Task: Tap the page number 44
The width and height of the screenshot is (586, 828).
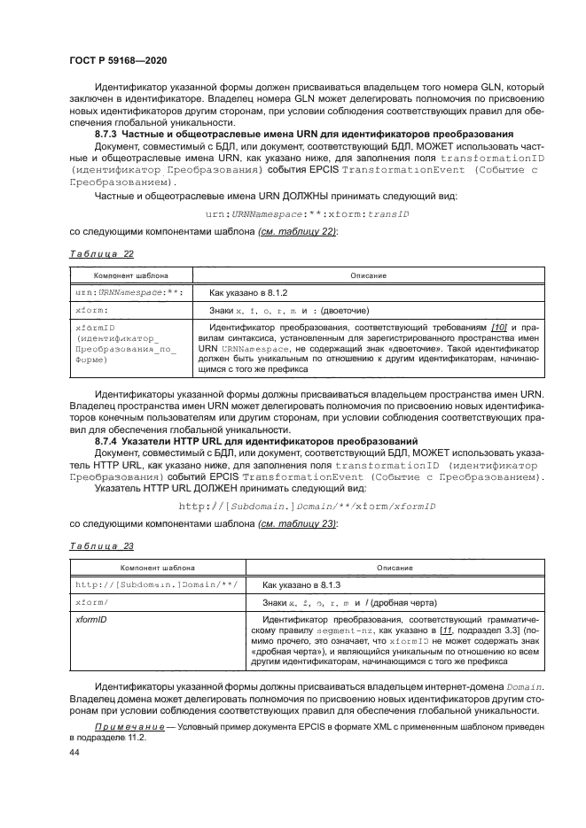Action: click(x=74, y=751)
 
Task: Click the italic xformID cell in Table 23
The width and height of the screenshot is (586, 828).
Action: click(x=90, y=620)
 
